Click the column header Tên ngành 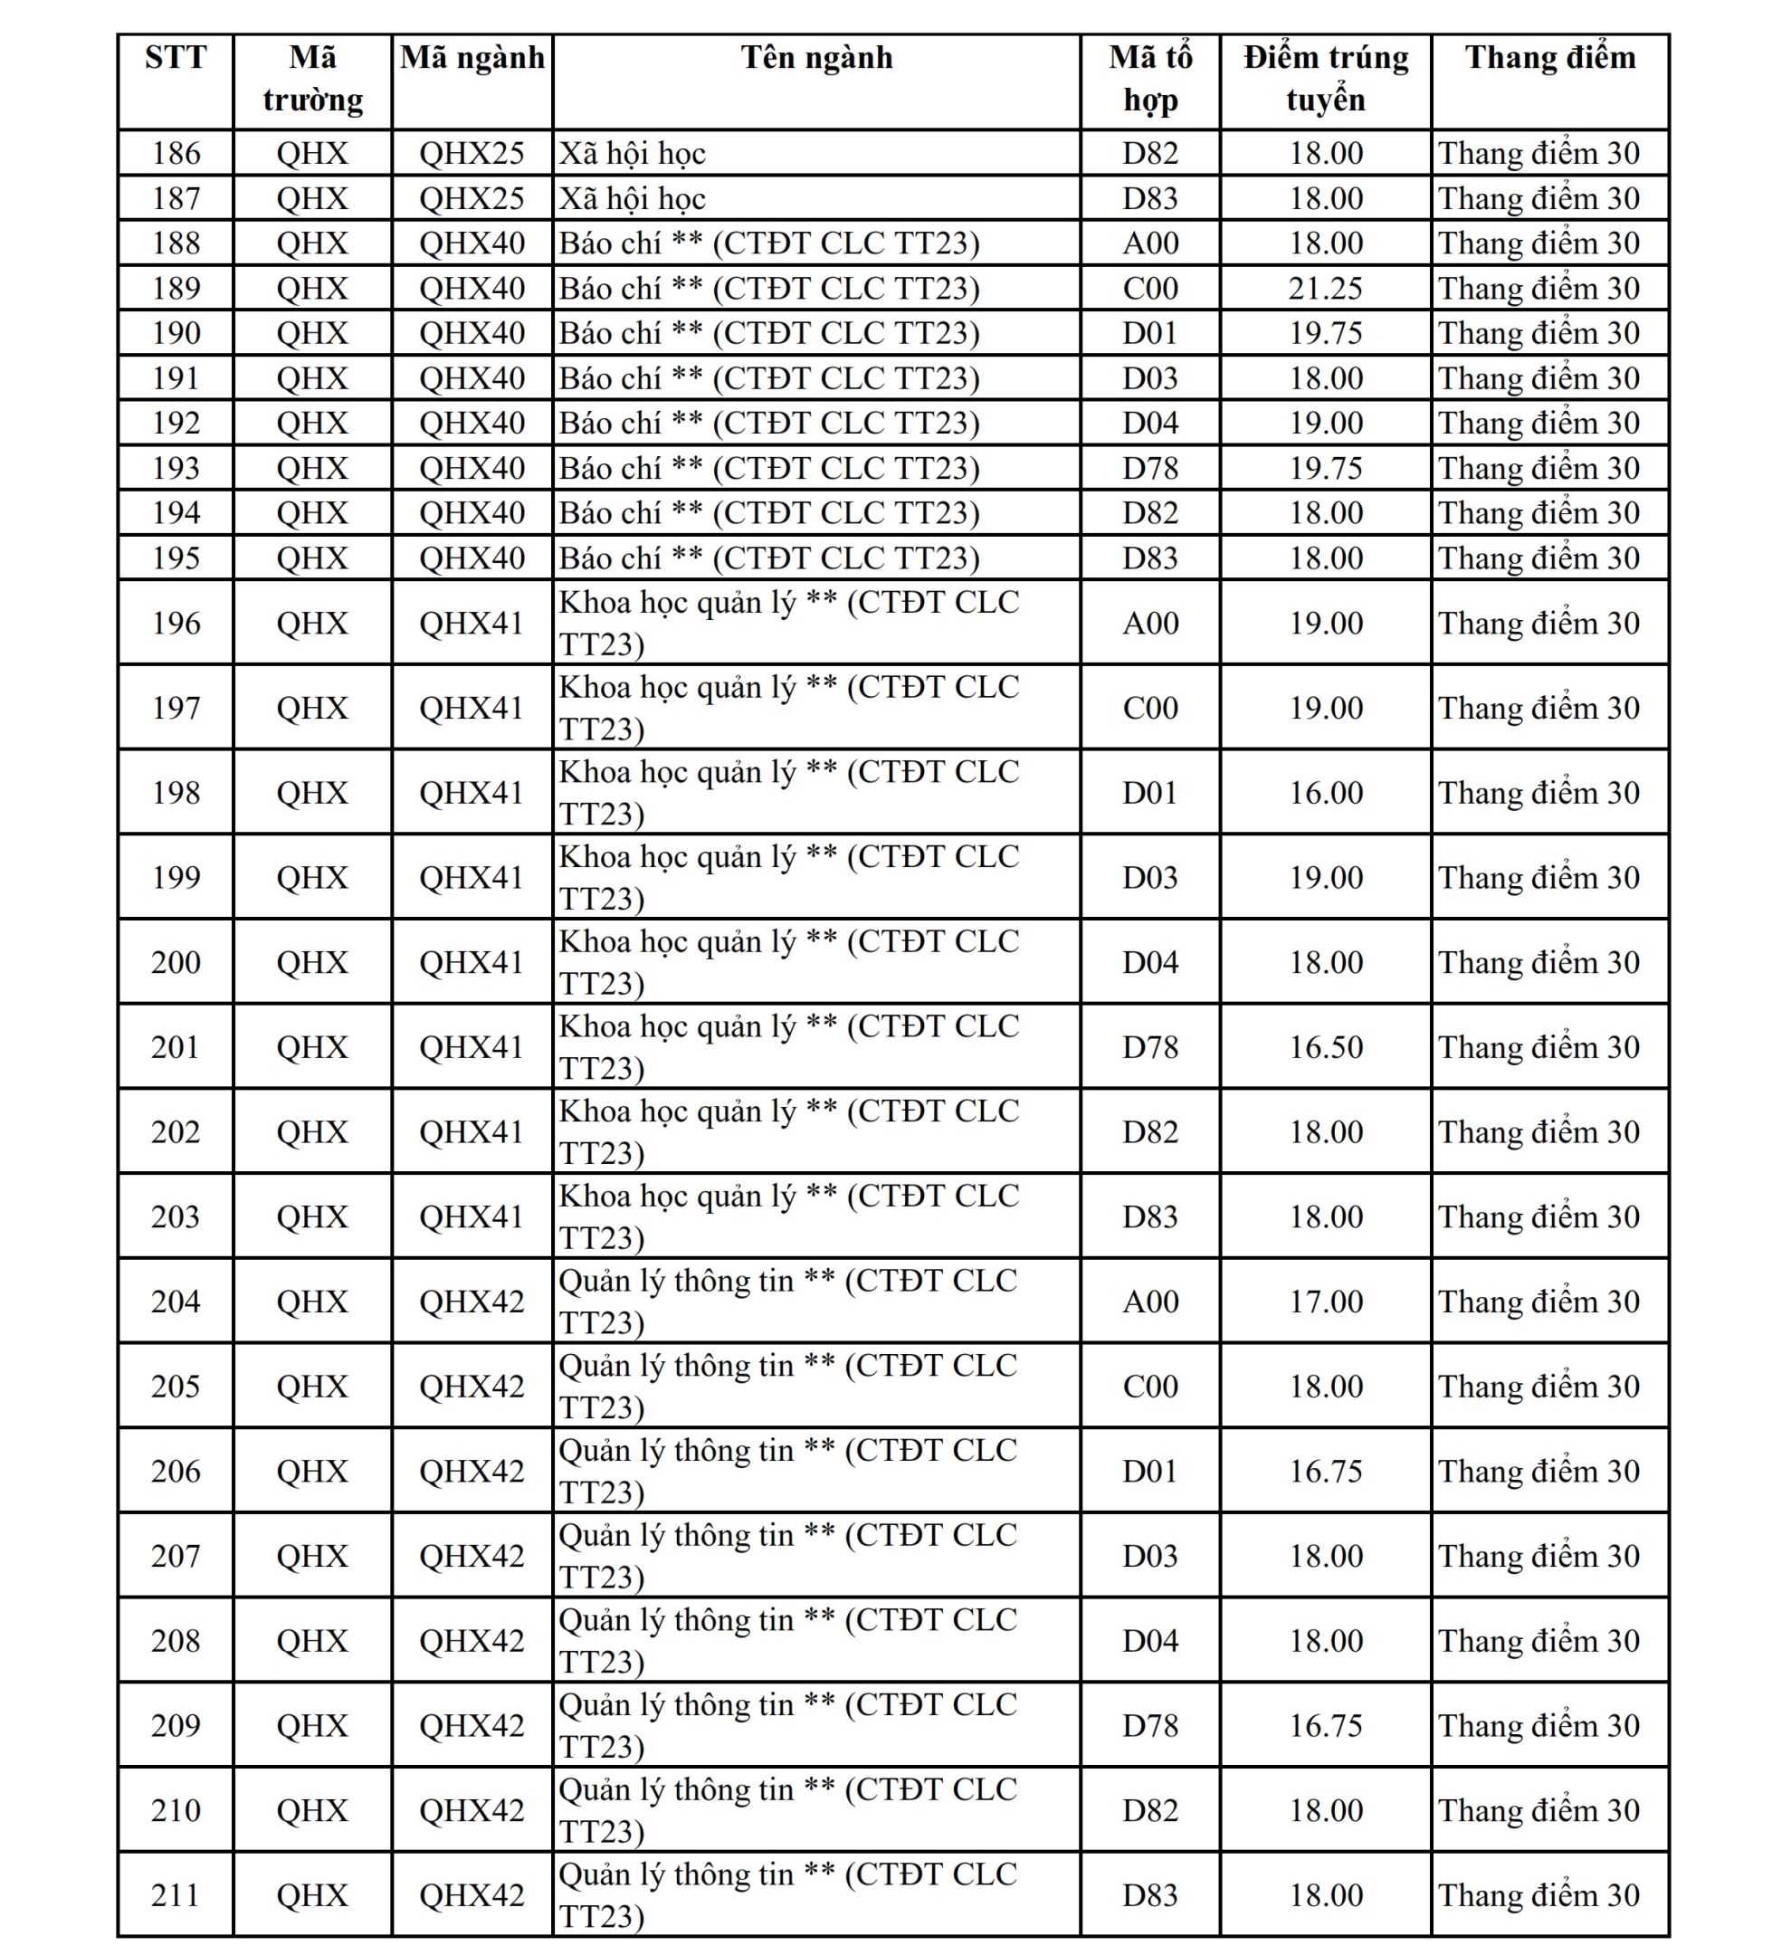tap(816, 58)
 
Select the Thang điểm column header tap(1549, 58)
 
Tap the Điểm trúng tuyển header tap(1326, 79)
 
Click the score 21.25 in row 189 tap(1326, 288)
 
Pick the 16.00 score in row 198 tap(1326, 792)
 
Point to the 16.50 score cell tap(1326, 1046)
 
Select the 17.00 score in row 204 tap(1326, 1301)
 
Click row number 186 tap(176, 153)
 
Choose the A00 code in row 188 tap(1150, 243)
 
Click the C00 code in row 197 tap(1150, 708)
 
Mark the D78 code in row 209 tap(1150, 1725)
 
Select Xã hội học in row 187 tap(633, 198)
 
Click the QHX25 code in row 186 tap(472, 153)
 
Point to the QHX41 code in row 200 tap(472, 962)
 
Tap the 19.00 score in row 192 tap(1326, 423)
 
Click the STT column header tap(176, 58)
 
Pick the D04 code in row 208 tap(1150, 1640)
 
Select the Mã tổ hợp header tap(1150, 79)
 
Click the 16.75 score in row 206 tap(1326, 1471)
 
